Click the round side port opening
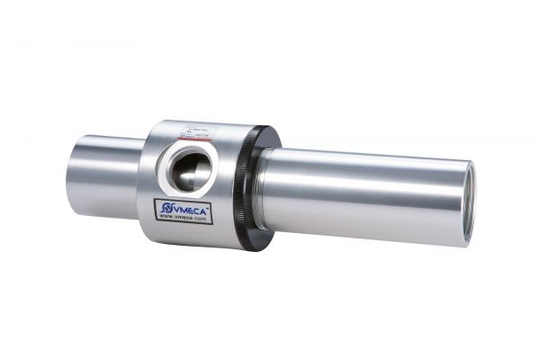pyautogui.click(x=192, y=167)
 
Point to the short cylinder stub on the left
pyautogui.click(x=99, y=175)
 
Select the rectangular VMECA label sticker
pyautogui.click(x=184, y=212)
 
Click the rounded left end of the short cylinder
pyautogui.click(x=71, y=173)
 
